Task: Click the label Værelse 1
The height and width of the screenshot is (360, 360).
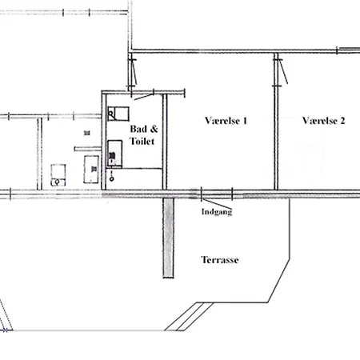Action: [x=226, y=121]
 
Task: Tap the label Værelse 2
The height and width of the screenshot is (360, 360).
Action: [x=323, y=121]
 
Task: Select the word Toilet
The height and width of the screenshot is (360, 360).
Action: [x=142, y=141]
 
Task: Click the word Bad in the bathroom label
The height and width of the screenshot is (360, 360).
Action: [x=138, y=129]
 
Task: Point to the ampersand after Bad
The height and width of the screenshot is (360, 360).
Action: [x=154, y=129]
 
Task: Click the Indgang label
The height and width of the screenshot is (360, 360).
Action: [x=217, y=212]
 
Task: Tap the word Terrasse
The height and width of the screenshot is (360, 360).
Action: [x=220, y=260]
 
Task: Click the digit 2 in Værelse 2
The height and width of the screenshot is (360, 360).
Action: [x=342, y=121]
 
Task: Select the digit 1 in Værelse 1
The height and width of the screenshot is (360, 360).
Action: [x=245, y=121]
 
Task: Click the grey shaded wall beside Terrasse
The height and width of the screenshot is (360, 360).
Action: [x=168, y=238]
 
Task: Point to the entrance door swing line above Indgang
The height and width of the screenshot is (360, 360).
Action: [x=217, y=204]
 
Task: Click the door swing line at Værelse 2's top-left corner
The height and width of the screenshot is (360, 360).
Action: [x=283, y=71]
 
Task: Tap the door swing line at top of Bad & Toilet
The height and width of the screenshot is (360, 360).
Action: [x=144, y=97]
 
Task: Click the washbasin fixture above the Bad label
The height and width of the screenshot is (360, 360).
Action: [x=118, y=114]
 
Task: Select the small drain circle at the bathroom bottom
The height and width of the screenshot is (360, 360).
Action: [x=112, y=179]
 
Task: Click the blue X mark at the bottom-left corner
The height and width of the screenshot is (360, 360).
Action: [x=5, y=330]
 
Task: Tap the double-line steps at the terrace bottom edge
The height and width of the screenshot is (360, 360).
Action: [x=188, y=317]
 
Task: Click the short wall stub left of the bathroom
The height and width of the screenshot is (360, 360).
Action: [x=88, y=149]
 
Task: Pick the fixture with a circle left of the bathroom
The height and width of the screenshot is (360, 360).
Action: [x=58, y=175]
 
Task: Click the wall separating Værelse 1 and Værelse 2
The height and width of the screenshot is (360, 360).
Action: [x=276, y=122]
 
